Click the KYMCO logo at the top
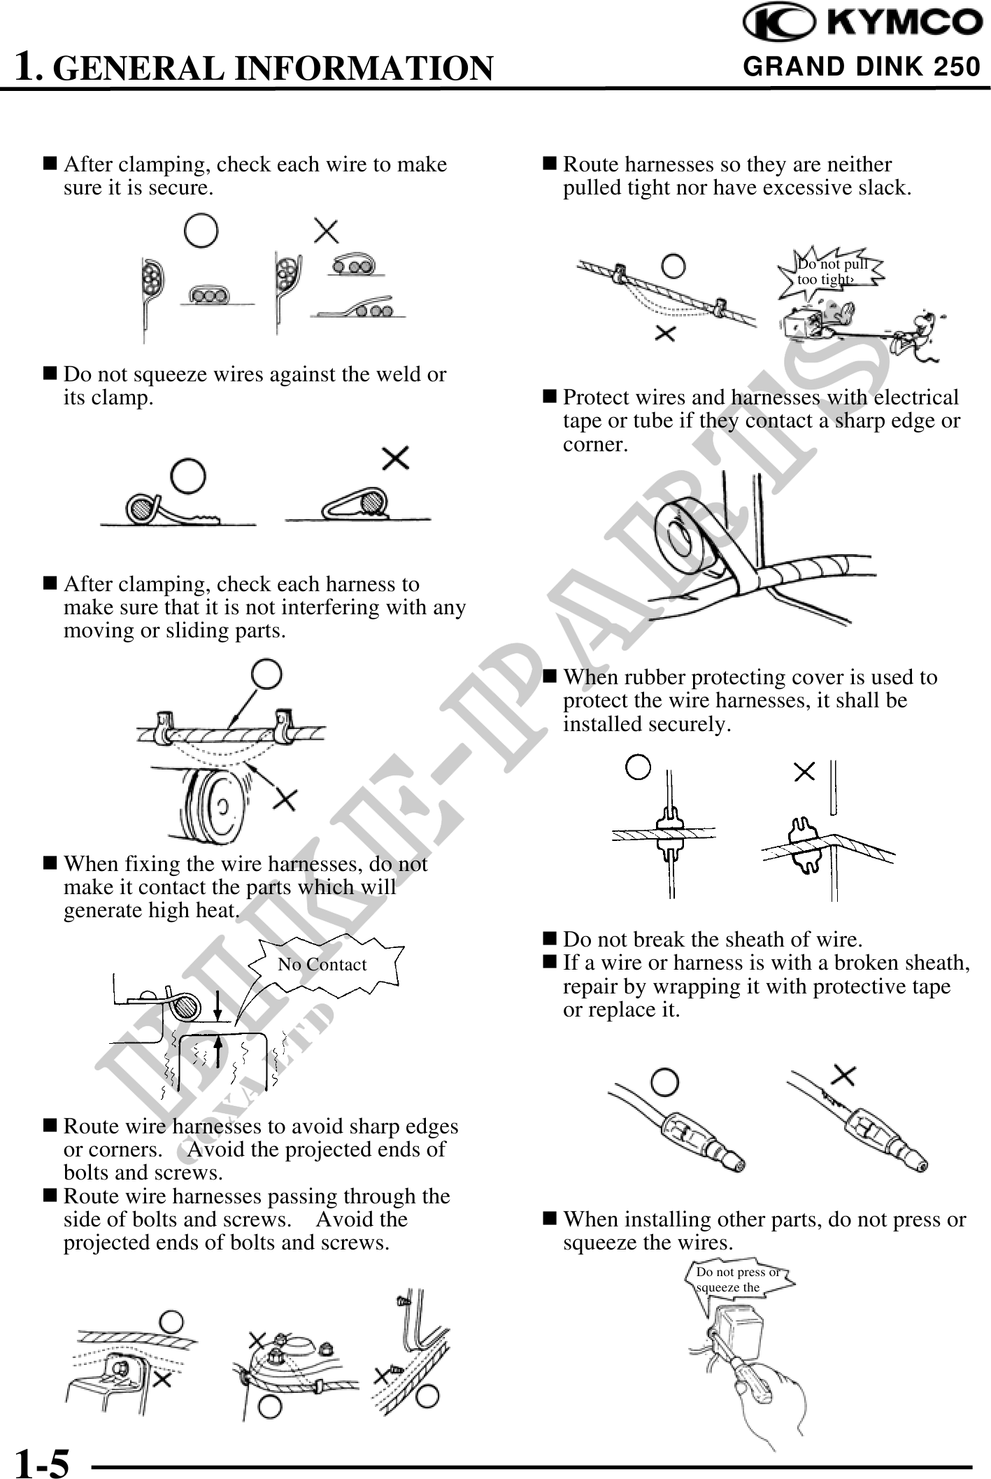(862, 23)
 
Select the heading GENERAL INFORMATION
(273, 67)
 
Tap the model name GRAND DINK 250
(862, 66)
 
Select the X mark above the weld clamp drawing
(396, 459)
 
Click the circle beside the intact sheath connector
(666, 1082)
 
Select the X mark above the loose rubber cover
(805, 772)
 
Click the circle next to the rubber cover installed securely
(638, 767)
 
